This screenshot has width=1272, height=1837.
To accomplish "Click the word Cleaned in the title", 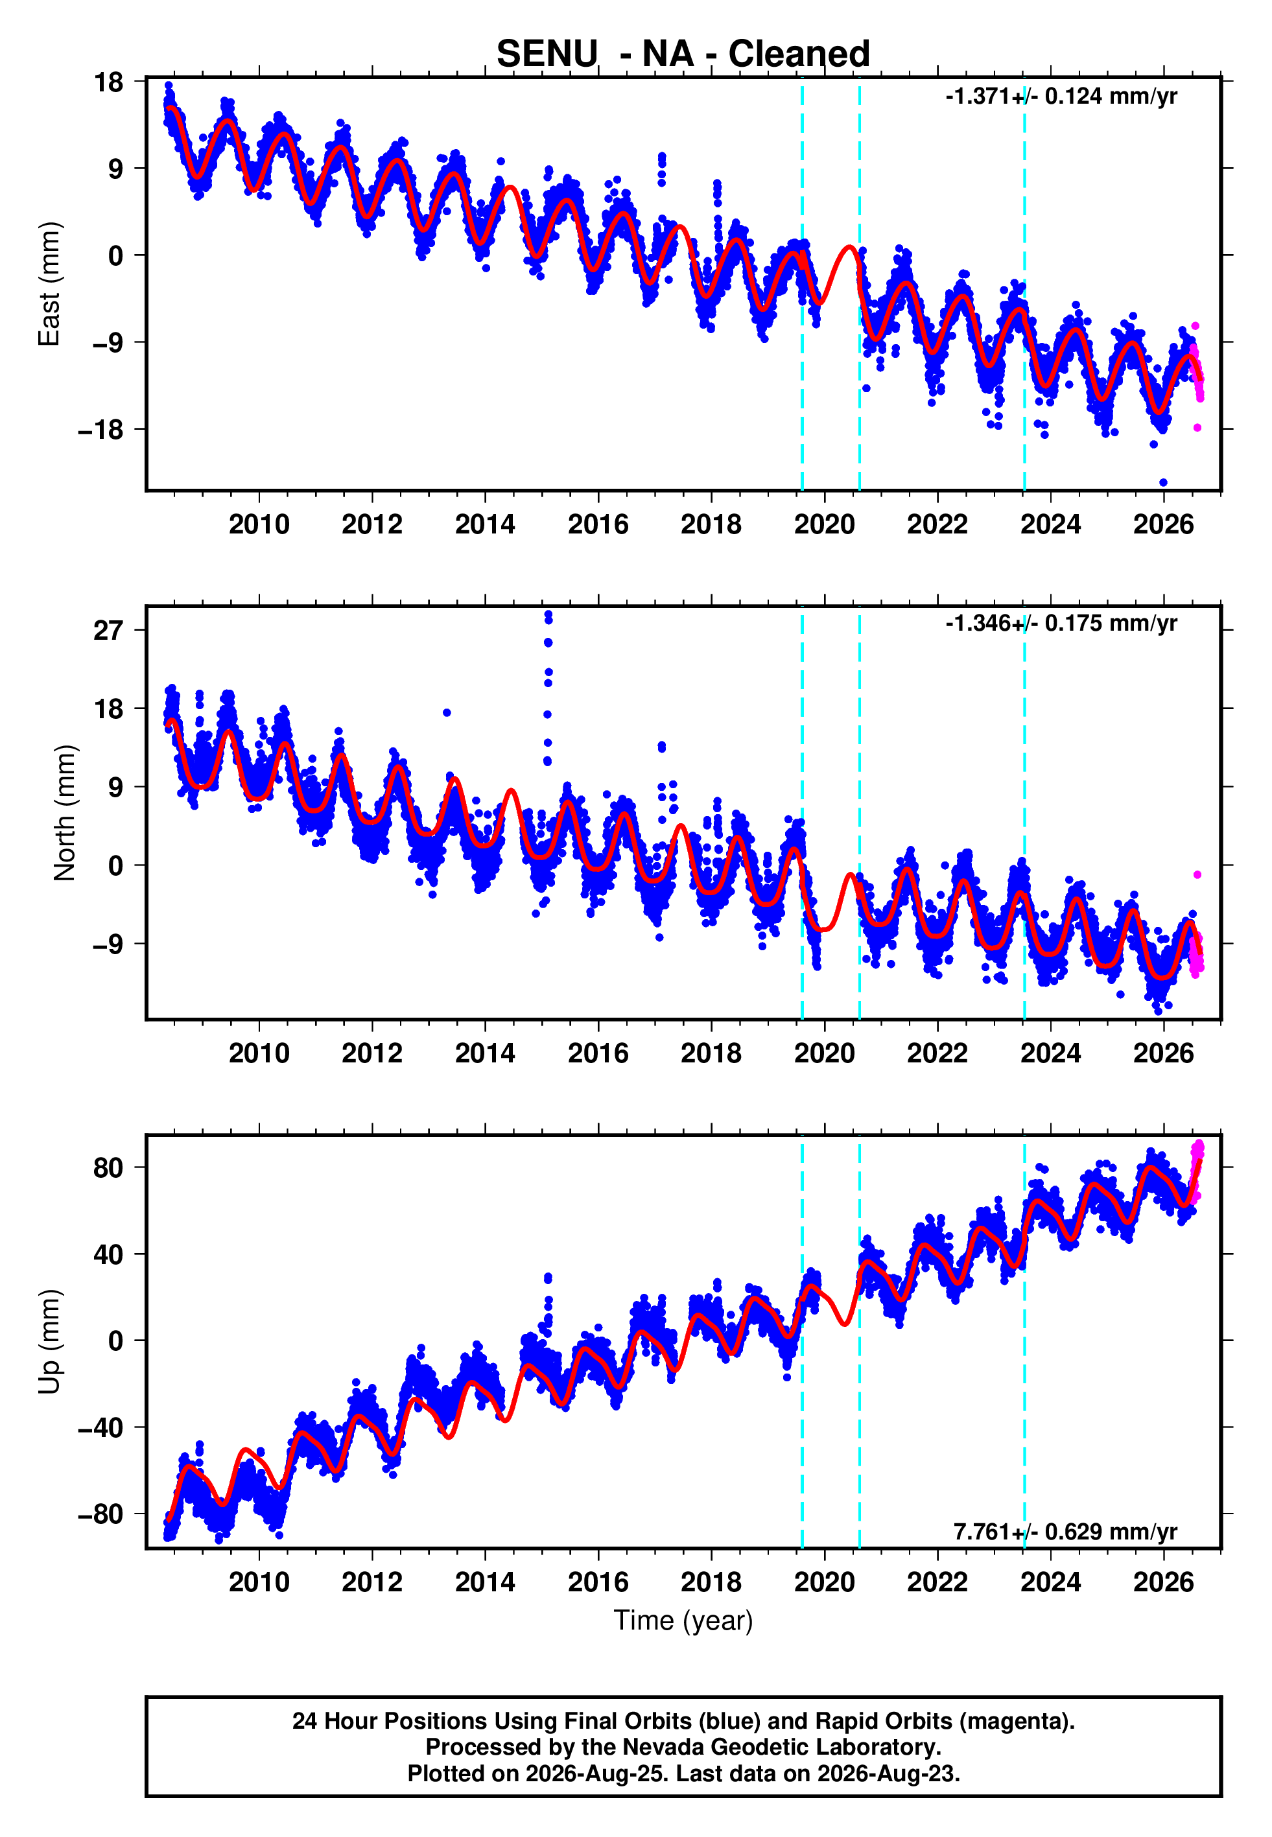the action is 799,54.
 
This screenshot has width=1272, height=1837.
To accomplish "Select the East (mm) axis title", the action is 49,284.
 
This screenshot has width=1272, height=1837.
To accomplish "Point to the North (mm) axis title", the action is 65,813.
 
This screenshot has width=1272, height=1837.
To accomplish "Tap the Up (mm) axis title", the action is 49,1342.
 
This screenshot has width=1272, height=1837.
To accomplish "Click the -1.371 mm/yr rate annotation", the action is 1061,97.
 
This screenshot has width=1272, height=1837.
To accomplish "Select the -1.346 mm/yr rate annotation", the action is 1061,623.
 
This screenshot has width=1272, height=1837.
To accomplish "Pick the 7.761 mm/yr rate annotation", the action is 1066,1532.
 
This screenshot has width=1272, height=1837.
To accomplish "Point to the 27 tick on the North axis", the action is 108,630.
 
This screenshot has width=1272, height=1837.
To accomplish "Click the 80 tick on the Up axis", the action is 108,1168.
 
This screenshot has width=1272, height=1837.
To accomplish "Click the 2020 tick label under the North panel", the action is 824,1053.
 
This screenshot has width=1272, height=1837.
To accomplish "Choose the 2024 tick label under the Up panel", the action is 1050,1582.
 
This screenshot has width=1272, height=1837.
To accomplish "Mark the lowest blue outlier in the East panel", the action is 1163,482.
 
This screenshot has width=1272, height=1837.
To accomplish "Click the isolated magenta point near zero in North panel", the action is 1197,874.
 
